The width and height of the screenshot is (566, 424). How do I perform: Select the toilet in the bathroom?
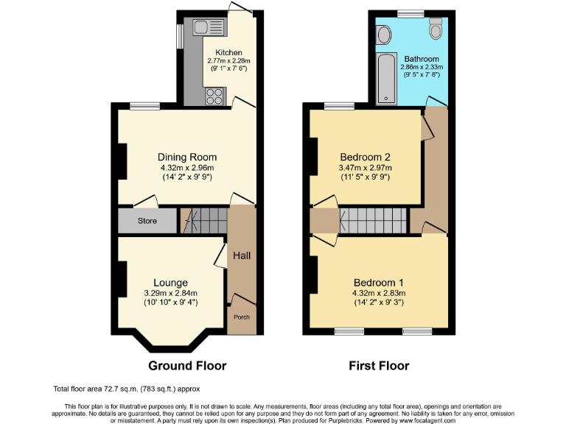point(435,29)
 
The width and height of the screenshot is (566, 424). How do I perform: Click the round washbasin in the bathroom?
point(384,35)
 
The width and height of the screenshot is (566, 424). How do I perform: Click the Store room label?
point(147,220)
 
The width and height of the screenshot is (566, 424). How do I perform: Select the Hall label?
point(242,255)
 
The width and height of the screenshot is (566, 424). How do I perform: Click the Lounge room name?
point(170,283)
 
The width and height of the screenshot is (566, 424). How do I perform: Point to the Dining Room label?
point(187,157)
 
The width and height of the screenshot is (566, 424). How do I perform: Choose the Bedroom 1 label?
point(379,283)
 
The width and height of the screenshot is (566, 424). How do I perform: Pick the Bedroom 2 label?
point(365,157)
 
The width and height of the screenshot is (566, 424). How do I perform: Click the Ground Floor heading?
point(187,365)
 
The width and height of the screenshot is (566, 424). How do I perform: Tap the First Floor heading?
point(378,365)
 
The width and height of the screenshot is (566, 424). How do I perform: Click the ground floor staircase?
point(204,219)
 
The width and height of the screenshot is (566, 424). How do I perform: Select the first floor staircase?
point(374,219)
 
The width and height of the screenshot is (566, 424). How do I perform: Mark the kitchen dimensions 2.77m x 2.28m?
point(228,60)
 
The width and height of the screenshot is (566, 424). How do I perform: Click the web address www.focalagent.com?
point(416,420)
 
